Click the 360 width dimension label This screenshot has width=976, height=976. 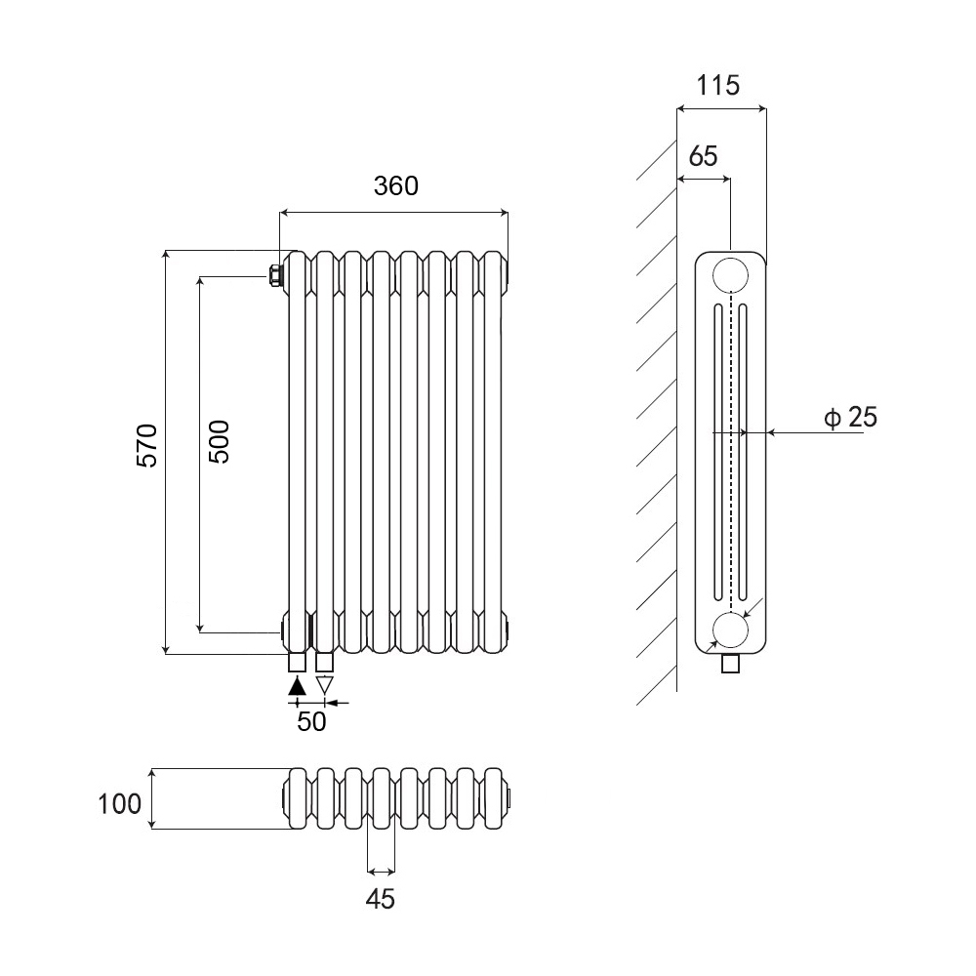(x=396, y=185)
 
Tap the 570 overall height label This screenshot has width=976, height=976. (x=147, y=445)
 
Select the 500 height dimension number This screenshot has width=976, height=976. (x=219, y=441)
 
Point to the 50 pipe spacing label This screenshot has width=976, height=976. (x=311, y=721)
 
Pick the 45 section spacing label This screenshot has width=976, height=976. (x=381, y=899)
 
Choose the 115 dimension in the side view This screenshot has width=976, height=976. (x=717, y=85)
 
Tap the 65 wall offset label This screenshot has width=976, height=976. (x=704, y=155)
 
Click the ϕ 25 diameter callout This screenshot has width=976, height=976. (x=850, y=417)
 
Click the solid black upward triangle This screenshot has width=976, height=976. (x=298, y=686)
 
